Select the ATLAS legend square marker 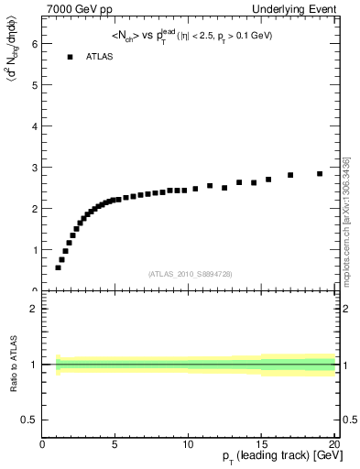(70, 57)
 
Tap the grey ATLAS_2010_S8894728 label (190, 274)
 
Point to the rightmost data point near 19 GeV (320, 173)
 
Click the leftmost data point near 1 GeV (58, 267)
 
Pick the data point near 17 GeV (290, 175)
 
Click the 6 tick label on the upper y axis (34, 43)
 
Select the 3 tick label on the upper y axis (34, 167)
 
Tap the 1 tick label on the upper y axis (34, 249)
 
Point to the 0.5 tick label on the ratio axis (29, 420)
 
